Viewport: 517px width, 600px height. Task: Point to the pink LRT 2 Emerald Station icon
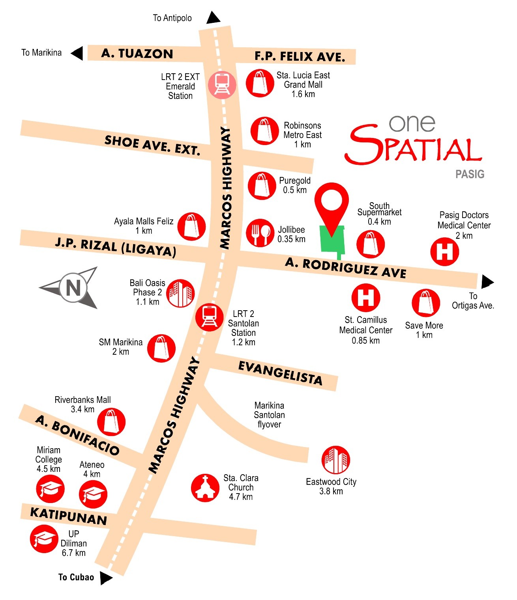(x=222, y=85)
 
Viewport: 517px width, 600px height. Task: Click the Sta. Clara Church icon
(x=205, y=488)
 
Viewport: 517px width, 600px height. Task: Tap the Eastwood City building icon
(x=335, y=460)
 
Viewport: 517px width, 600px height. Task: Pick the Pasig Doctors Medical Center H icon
(x=444, y=252)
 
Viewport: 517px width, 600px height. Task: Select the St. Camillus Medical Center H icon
(x=366, y=298)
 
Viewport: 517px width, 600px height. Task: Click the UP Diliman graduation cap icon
(x=44, y=539)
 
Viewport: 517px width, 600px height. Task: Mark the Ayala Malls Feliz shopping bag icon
(x=191, y=226)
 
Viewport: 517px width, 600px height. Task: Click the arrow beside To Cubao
(x=105, y=578)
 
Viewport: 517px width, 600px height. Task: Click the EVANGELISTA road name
(x=280, y=373)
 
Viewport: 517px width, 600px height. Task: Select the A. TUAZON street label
(x=137, y=53)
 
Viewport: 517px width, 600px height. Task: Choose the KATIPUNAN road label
(x=69, y=516)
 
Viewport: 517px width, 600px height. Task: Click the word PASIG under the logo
(x=470, y=174)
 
